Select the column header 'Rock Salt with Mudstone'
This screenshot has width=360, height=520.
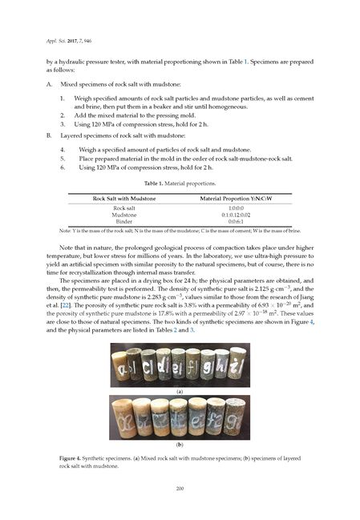tap(124, 197)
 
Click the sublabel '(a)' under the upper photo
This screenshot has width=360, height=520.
tap(180, 391)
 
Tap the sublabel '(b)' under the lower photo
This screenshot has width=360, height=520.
tap(180, 444)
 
